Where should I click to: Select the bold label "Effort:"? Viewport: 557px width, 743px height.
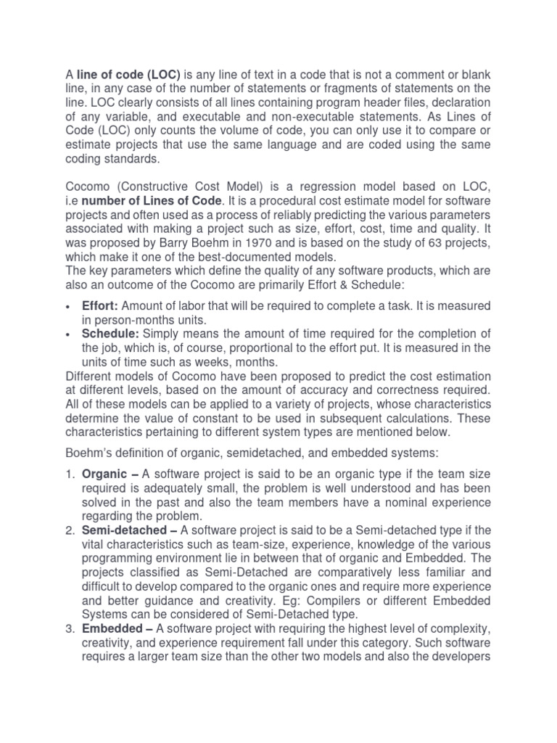coord(100,305)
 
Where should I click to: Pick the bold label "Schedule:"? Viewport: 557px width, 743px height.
coord(111,333)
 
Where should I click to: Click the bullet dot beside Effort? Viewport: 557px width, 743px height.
coord(68,306)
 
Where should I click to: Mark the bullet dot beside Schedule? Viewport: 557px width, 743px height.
coord(68,334)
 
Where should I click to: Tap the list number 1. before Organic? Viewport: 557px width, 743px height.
coord(70,475)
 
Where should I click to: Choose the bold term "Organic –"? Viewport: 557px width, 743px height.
coord(110,475)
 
